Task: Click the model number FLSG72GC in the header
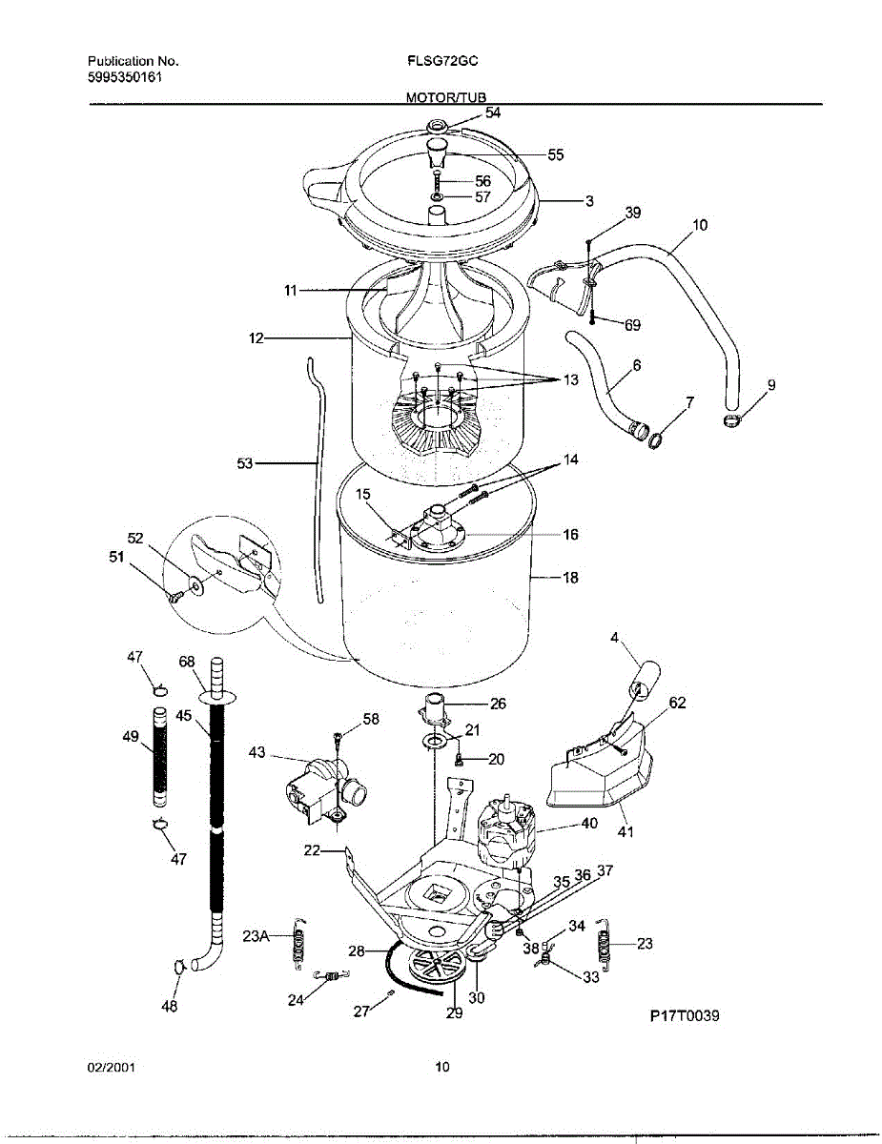tap(441, 60)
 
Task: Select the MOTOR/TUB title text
tap(446, 97)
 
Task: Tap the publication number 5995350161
tap(117, 77)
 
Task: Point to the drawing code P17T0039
tap(684, 1015)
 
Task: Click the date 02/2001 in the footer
tap(111, 1068)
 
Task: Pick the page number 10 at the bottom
tap(441, 1068)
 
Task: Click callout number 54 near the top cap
tap(492, 112)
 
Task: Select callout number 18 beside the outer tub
tap(570, 578)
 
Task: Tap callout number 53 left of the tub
tap(245, 463)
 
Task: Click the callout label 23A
tap(256, 936)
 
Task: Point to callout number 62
tap(677, 704)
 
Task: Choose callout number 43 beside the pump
tap(256, 752)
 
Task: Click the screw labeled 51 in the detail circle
tap(175, 597)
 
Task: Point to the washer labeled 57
tap(436, 198)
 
